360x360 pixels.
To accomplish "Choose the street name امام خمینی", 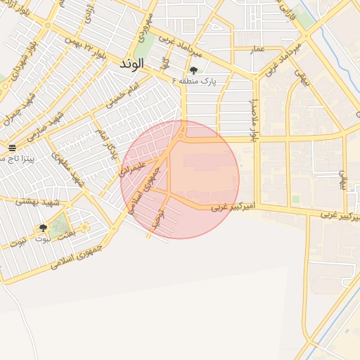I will pos(124,96).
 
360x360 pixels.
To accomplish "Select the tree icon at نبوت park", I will pos(44,228).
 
